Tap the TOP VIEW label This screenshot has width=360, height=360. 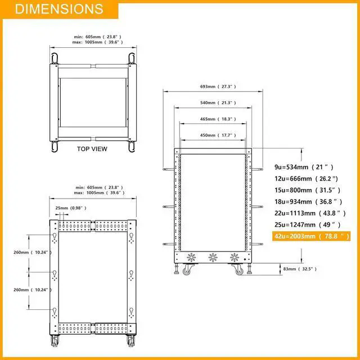point(92,149)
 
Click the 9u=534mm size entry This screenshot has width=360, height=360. point(304,167)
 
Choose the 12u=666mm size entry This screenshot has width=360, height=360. point(307,178)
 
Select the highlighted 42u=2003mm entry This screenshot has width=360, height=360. point(312,236)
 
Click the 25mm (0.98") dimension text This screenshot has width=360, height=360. point(71,208)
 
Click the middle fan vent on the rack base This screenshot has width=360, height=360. point(213,258)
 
